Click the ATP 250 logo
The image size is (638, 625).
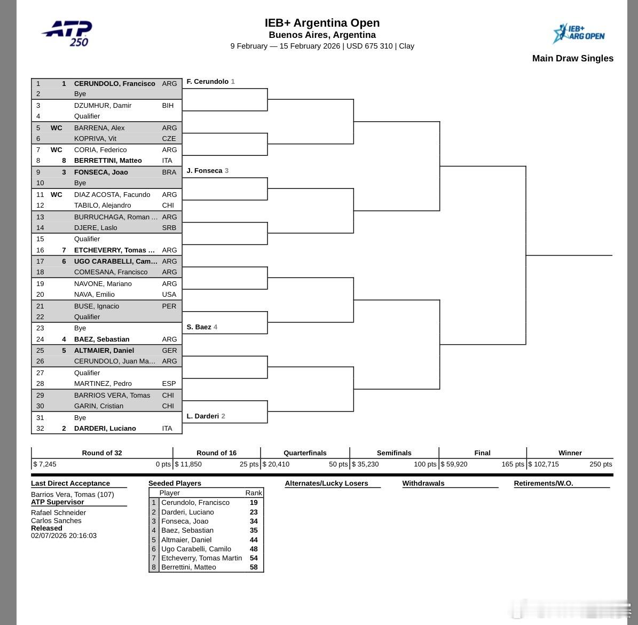point(68,34)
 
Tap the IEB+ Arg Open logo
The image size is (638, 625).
point(579,34)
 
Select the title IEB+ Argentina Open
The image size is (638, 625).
point(322,23)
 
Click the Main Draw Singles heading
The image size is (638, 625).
point(572,58)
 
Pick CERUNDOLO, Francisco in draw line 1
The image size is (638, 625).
point(114,83)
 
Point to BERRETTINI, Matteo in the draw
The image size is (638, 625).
point(108,160)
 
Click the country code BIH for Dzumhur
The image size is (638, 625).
point(168,105)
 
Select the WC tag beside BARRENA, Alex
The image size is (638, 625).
point(56,128)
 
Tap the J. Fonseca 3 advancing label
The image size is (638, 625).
point(207,171)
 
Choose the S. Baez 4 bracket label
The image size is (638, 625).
point(202,327)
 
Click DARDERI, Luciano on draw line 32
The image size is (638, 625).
point(105,428)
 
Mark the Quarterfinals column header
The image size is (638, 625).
point(305,453)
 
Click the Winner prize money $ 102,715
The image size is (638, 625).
point(544,464)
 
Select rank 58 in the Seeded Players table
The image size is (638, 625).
point(254,567)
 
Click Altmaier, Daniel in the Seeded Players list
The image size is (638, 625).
point(187,540)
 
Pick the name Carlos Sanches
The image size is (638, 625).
point(56,520)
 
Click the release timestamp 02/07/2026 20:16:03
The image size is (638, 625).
point(64,535)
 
